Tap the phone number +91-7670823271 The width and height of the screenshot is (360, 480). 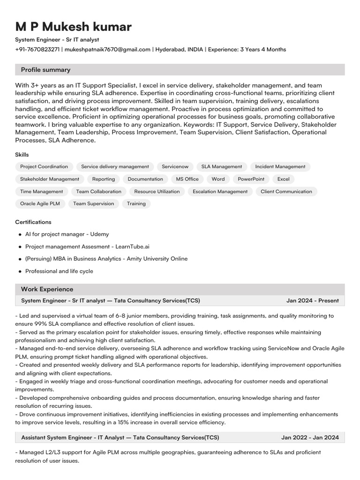tap(37, 49)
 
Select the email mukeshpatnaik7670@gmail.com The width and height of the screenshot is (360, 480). tap(107, 49)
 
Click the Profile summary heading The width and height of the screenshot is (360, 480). tap(45, 70)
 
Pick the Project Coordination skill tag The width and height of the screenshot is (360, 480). tap(44, 166)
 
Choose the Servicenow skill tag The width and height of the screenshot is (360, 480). tap(175, 166)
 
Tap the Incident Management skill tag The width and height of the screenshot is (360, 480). tap(280, 166)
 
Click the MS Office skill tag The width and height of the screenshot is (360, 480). tap(187, 179)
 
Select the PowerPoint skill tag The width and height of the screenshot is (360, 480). tap(251, 179)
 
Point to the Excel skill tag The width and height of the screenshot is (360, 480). tap(283, 179)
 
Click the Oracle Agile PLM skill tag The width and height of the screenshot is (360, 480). tap(40, 204)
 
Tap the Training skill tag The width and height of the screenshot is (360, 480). tap(136, 204)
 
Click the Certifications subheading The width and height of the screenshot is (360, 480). tap(33, 222)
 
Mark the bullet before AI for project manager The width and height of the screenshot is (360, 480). tap(20, 234)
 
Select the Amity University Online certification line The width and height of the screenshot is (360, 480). tap(106, 259)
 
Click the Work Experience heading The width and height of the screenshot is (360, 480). tap(47, 289)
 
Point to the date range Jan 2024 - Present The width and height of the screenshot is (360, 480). tap(313, 300)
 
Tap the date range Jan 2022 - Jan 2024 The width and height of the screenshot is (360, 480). tap(310, 438)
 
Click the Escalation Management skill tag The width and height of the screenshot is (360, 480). tap(220, 192)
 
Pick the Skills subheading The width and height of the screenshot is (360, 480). tap(22, 155)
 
